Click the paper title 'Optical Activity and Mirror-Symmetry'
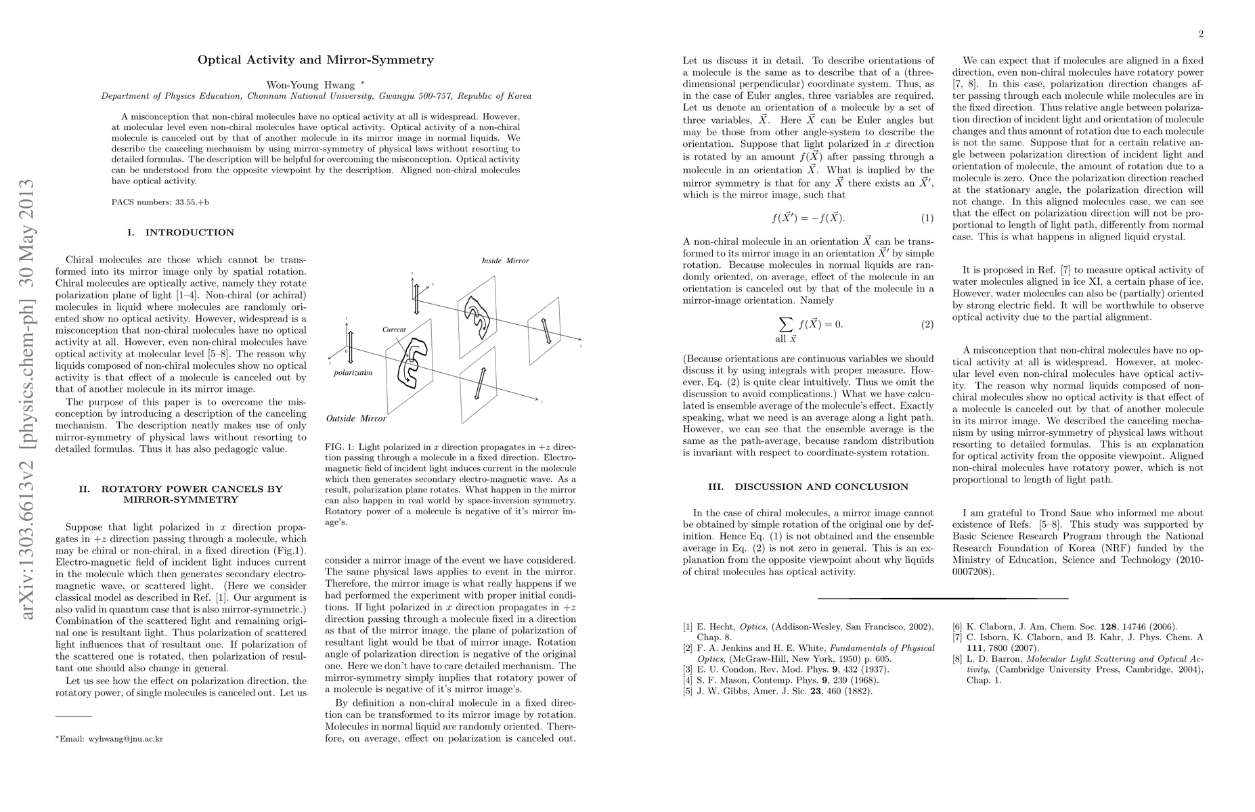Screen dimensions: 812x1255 (x=315, y=60)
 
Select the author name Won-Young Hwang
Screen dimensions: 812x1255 (x=311, y=85)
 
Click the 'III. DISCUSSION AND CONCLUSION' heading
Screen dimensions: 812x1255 (x=808, y=487)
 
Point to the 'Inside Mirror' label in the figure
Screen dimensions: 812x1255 (x=505, y=261)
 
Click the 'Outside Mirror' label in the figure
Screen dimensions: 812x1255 (x=356, y=418)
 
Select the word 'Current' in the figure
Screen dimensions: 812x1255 (x=394, y=330)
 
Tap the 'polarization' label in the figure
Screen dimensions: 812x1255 (x=353, y=372)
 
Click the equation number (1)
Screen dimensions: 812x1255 (x=927, y=218)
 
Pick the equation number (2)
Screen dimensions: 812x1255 (x=927, y=324)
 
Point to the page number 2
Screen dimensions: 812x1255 (x=1200, y=34)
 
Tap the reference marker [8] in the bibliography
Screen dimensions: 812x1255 (x=958, y=658)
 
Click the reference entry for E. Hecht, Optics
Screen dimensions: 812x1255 (x=808, y=627)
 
